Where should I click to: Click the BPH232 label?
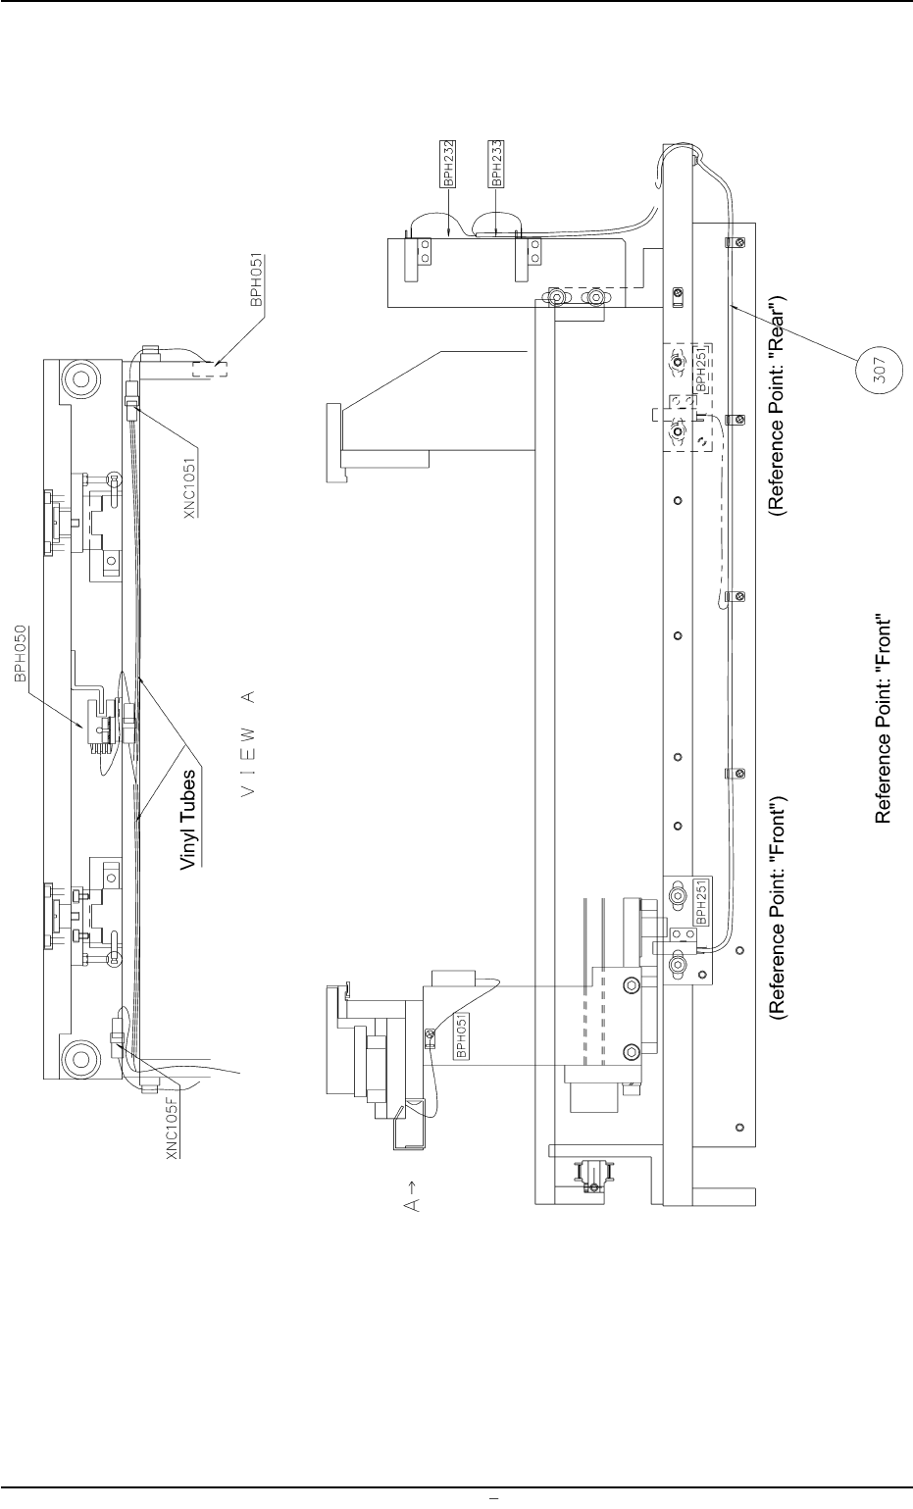click(x=447, y=164)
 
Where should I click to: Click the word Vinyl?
click(x=186, y=842)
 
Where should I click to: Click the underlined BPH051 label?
click(x=257, y=283)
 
